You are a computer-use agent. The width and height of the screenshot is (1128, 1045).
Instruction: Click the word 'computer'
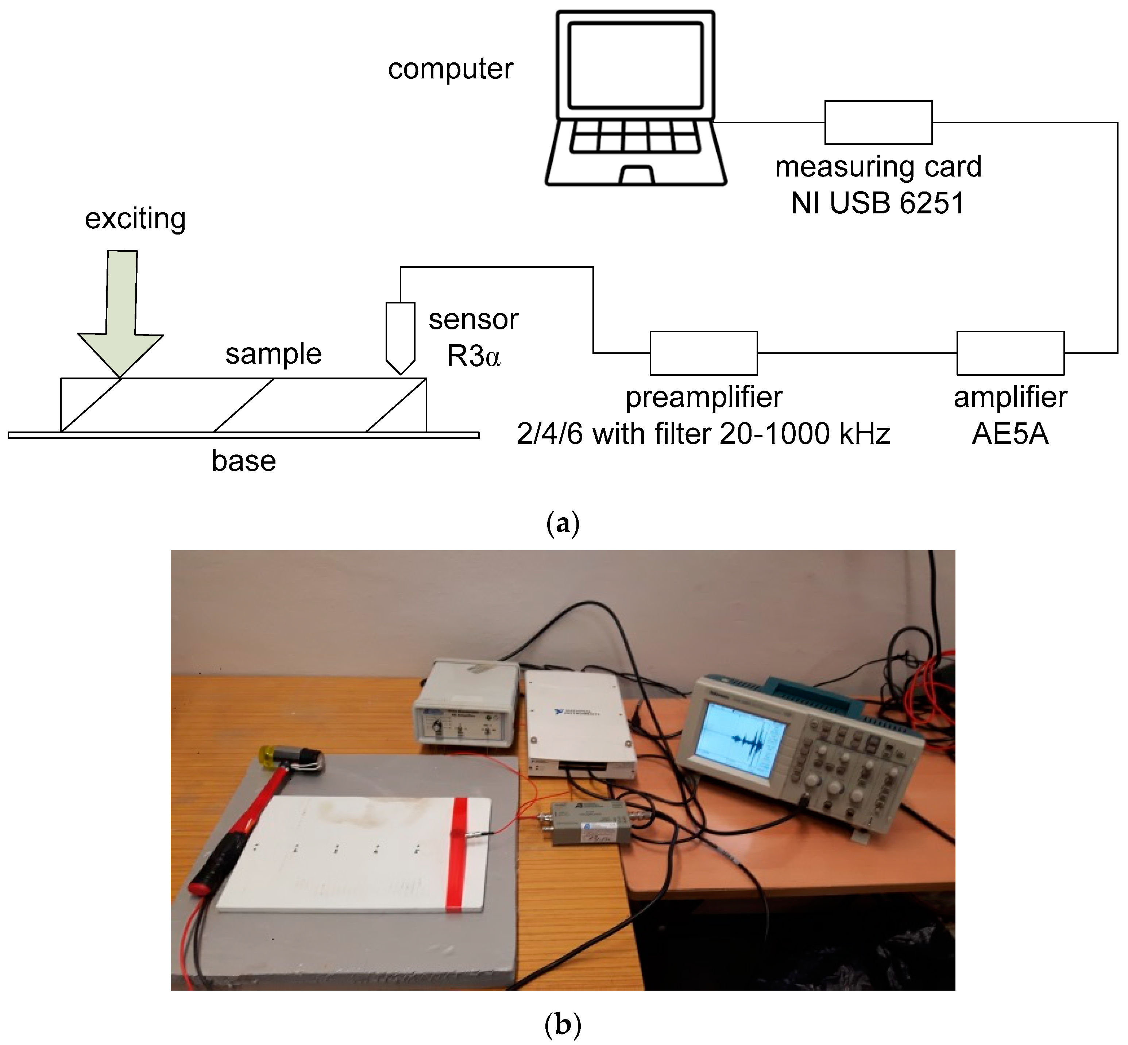pos(450,69)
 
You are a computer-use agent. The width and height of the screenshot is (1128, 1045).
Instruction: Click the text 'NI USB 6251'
pos(877,203)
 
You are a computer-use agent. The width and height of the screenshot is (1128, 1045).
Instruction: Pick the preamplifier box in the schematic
pos(703,353)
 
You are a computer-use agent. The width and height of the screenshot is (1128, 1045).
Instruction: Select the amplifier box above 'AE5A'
pos(1010,353)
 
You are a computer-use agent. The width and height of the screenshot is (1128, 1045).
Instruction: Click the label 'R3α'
pos(474,356)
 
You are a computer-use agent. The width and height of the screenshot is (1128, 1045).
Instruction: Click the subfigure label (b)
pos(563,1025)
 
